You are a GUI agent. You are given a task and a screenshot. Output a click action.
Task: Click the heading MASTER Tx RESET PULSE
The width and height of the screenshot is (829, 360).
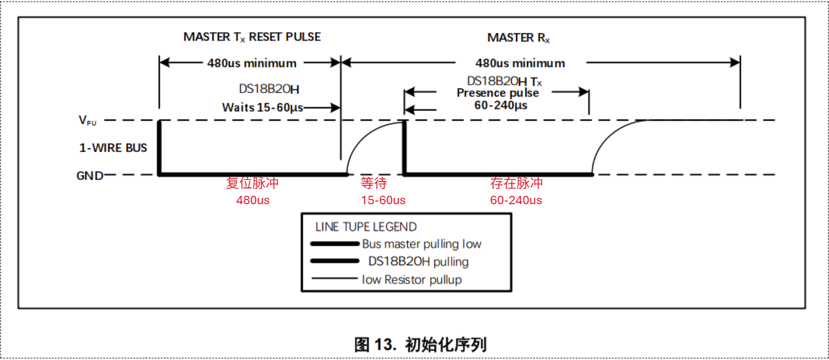[x=252, y=37]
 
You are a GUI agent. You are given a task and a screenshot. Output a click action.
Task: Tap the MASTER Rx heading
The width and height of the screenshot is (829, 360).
[x=519, y=38]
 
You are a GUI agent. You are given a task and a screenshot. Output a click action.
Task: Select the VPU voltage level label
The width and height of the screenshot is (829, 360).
[x=87, y=121]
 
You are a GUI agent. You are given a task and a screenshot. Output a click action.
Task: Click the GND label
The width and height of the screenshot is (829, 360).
[x=90, y=176]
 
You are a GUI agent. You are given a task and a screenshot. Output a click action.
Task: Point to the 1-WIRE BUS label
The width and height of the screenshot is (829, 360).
[x=113, y=148]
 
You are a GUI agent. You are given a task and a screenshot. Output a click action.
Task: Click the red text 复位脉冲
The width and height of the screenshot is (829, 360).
[x=252, y=183]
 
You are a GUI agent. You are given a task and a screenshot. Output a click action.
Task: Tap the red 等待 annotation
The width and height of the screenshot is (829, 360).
[x=374, y=183]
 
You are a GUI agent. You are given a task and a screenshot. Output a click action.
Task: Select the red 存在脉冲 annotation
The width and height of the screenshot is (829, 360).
[x=517, y=183]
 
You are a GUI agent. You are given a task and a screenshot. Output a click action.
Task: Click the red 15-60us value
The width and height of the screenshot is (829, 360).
[x=383, y=201]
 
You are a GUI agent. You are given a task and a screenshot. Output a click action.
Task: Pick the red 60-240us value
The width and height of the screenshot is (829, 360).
[x=516, y=201]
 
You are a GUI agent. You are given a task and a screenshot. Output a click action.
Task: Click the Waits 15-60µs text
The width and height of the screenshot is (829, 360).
[x=263, y=108]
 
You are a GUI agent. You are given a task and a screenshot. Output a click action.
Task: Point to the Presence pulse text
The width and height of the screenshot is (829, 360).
[x=498, y=93]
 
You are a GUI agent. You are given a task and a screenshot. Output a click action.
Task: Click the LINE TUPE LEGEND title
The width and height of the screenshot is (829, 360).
[x=366, y=227]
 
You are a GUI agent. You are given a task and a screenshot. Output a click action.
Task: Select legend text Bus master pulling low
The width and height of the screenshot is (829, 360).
[x=422, y=244]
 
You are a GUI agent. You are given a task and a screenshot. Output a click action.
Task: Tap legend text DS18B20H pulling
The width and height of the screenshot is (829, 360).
[x=419, y=262]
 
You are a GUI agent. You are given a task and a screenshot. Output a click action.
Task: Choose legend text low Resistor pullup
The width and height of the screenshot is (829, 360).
[x=412, y=279]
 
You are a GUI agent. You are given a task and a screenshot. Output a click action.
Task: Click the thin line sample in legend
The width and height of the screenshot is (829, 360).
[x=335, y=278]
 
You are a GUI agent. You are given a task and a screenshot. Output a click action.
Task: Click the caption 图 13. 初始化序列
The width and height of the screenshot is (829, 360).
[x=420, y=345]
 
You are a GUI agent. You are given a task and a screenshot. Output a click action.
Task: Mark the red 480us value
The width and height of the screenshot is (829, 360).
[x=253, y=201]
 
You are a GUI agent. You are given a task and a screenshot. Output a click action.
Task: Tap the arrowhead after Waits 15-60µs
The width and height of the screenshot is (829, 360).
[x=335, y=108]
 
